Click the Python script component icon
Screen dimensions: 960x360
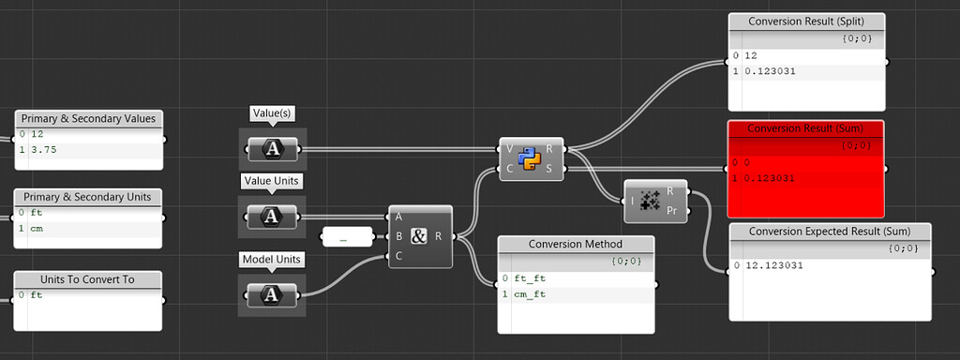(x=531, y=157)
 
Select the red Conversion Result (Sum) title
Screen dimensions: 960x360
(x=805, y=128)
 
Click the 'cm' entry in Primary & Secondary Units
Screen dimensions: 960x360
(x=37, y=228)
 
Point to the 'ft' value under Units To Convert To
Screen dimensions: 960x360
(x=36, y=295)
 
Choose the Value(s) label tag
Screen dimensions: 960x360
(x=272, y=113)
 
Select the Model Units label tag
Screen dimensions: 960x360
(x=272, y=259)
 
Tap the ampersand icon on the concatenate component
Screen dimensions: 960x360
(x=419, y=236)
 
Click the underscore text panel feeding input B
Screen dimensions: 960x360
(x=343, y=239)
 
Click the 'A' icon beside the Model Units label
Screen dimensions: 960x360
(x=272, y=294)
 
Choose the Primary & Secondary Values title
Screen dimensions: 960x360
(x=90, y=118)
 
